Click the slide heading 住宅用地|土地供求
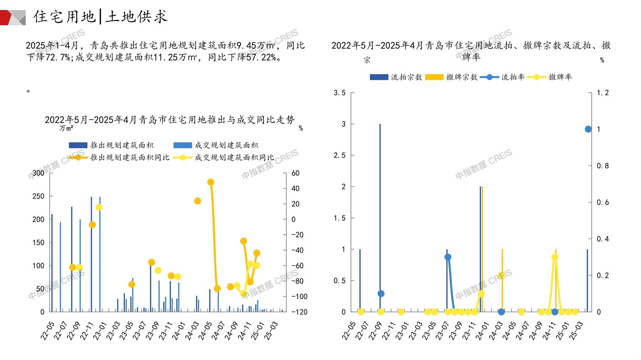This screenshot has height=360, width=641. (100, 17)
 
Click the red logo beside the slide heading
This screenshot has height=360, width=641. (12, 17)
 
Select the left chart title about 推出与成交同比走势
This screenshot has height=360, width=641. (169, 120)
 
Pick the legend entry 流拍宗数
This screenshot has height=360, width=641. (396, 77)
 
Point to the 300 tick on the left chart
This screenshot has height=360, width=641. (39, 173)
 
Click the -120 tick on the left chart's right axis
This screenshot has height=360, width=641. (299, 312)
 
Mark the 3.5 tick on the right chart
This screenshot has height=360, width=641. (340, 93)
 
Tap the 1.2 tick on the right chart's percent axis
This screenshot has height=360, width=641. (603, 93)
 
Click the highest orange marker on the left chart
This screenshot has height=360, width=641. (210, 182)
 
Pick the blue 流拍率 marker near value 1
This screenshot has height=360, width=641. (588, 129)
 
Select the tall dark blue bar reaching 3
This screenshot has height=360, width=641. (380, 217)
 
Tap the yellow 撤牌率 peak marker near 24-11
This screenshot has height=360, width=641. (555, 257)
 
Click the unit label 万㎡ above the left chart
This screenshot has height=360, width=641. (66, 128)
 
